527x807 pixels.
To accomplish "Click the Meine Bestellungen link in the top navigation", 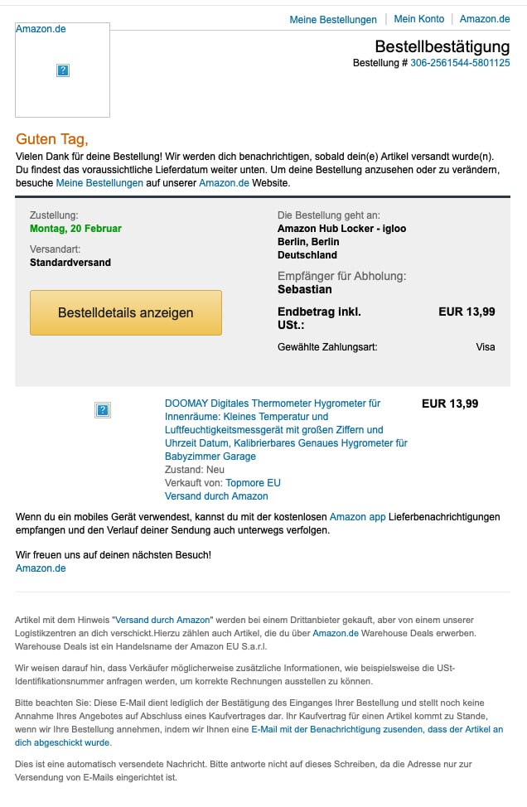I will coord(332,19).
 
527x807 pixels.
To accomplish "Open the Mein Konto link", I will coord(418,19).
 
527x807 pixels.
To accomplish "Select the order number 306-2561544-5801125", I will coord(460,63).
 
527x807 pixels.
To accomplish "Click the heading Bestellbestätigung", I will coord(442,46).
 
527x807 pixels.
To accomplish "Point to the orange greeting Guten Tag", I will coord(51,139).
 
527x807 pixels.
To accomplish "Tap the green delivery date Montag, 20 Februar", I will coord(75,229).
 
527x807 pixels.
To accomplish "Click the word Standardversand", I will coord(70,263).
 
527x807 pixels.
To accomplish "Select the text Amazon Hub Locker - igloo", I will coord(341,229).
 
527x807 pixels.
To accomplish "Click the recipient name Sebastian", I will coord(305,289).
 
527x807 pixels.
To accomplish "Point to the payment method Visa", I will coord(486,347).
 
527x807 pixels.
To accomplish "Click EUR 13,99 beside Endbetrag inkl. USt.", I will coord(467,312).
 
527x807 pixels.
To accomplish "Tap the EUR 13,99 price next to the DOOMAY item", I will coord(450,404).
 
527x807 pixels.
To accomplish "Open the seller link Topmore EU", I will coord(253,483).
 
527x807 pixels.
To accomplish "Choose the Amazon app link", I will coord(357,517).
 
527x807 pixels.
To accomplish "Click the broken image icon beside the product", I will coord(104,409).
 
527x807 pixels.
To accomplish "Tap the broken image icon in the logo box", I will coord(63,71).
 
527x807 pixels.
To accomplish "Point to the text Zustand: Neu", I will coord(195,470).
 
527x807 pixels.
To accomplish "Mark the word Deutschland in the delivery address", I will coord(307,255).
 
